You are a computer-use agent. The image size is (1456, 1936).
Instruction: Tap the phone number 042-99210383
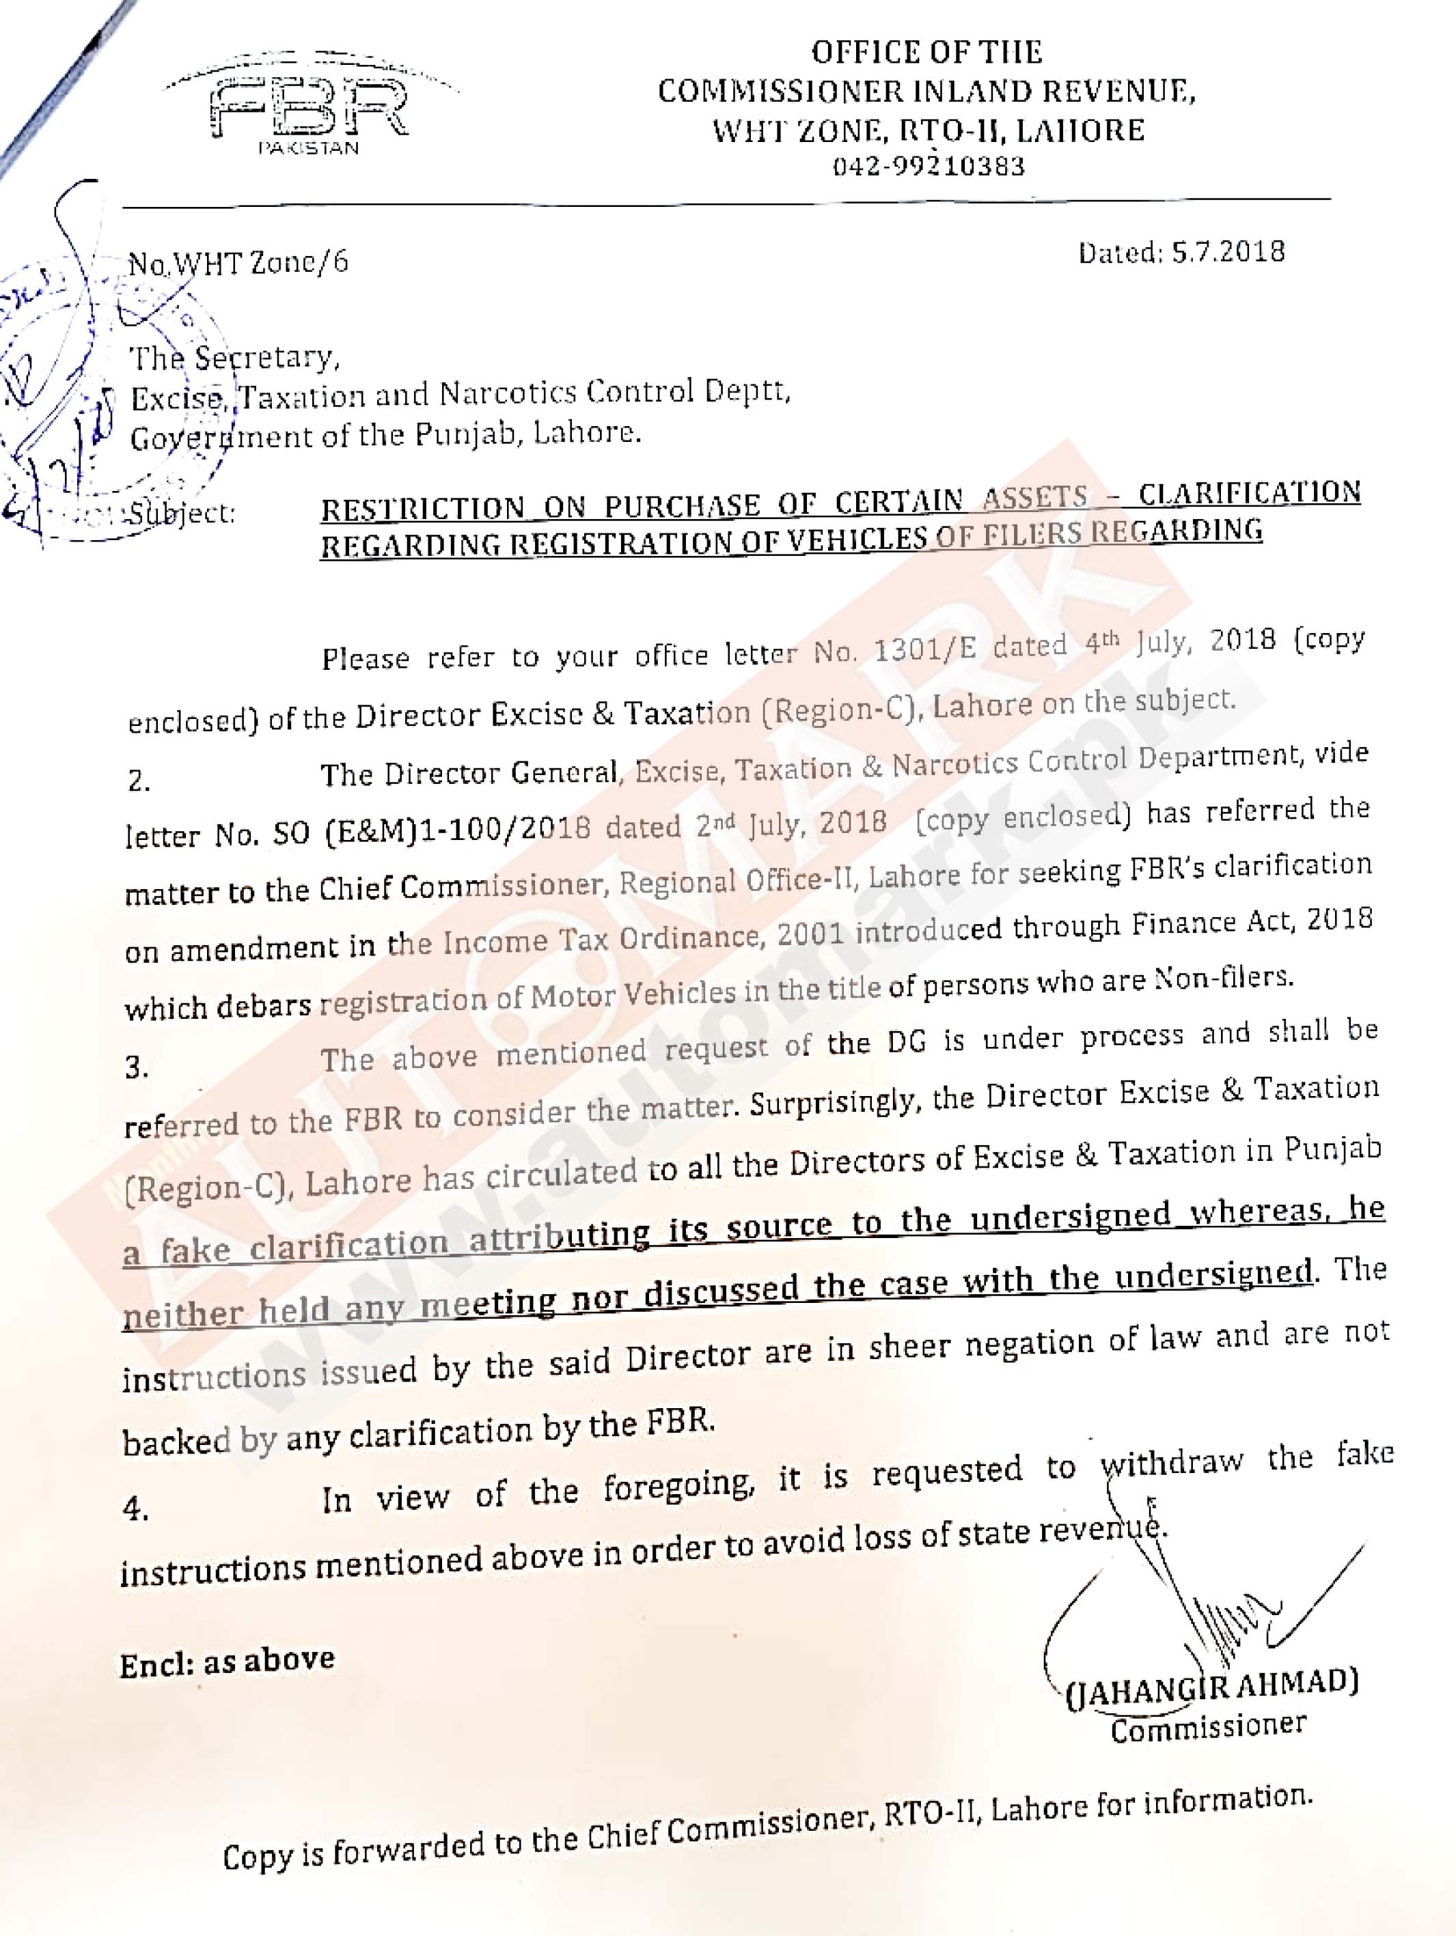click(928, 167)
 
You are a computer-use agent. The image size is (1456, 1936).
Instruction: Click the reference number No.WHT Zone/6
click(238, 262)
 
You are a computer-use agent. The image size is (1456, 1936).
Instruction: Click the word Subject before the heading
click(182, 512)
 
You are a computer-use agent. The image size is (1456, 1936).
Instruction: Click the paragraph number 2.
click(138, 781)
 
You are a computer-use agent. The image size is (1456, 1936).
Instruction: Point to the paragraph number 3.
click(136, 1068)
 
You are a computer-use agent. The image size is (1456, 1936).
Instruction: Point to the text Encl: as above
click(228, 1661)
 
